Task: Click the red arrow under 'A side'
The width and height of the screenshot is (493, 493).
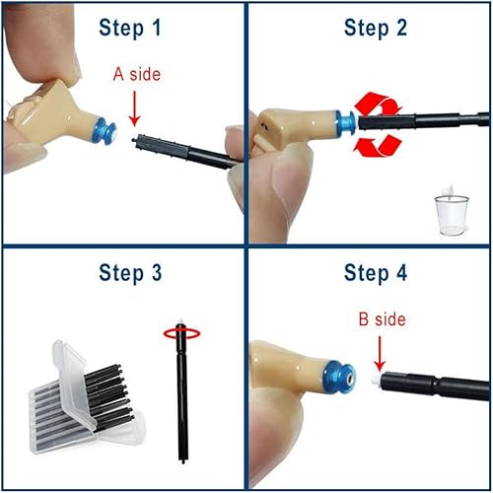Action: (x=136, y=114)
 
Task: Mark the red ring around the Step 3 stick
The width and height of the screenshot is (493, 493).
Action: (x=179, y=333)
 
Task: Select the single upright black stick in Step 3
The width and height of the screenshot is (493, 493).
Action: (x=179, y=394)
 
